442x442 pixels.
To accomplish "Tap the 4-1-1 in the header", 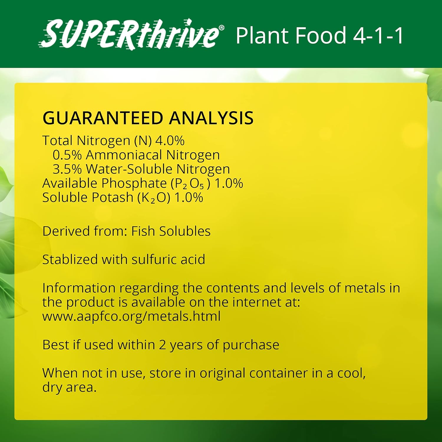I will point(378,36).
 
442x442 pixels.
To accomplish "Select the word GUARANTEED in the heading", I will point(103,118).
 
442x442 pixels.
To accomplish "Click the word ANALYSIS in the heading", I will point(211,118).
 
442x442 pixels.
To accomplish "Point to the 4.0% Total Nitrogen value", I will point(170,141).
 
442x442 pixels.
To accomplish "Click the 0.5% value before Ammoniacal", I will point(67,155).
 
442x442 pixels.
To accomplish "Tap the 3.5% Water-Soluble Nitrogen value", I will point(67,169).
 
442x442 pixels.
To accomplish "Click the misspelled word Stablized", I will point(70,260).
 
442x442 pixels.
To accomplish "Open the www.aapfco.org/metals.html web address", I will point(131,316).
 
